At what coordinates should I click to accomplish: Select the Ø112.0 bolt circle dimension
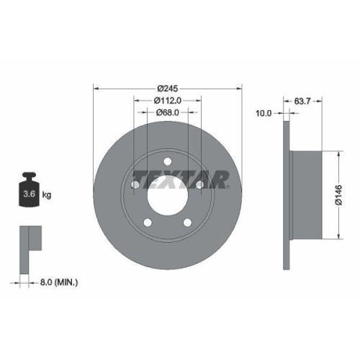pos(168,101)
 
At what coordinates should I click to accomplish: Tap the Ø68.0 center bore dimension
pos(168,112)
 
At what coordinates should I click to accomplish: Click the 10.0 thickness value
pos(265,112)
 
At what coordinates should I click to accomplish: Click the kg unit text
pos(47,195)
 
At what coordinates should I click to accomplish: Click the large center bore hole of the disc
pos(167,195)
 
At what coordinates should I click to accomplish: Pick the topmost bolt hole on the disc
pos(167,161)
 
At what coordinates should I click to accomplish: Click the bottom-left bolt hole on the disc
pos(147,222)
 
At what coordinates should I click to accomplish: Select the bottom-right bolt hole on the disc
pos(187,222)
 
